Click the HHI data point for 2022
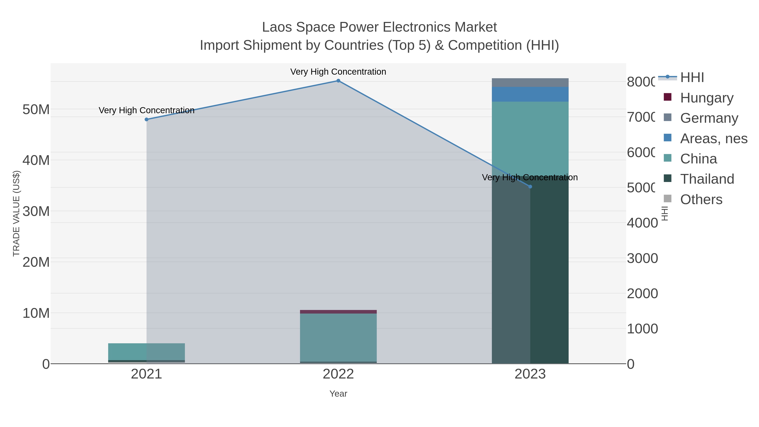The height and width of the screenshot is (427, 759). (338, 81)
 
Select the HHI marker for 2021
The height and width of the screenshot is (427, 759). (147, 119)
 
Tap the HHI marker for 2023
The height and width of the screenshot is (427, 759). (530, 187)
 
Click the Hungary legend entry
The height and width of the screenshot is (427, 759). (706, 98)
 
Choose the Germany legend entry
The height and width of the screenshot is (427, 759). (709, 118)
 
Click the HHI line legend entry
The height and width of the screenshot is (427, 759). (692, 78)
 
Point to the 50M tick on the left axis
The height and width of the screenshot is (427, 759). (36, 110)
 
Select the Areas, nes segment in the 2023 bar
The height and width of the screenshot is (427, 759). (530, 94)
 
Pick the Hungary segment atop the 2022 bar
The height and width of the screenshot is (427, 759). (338, 312)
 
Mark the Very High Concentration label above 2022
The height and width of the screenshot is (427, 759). (338, 72)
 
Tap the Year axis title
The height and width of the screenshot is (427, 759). (338, 394)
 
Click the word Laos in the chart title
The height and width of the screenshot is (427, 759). (277, 27)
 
